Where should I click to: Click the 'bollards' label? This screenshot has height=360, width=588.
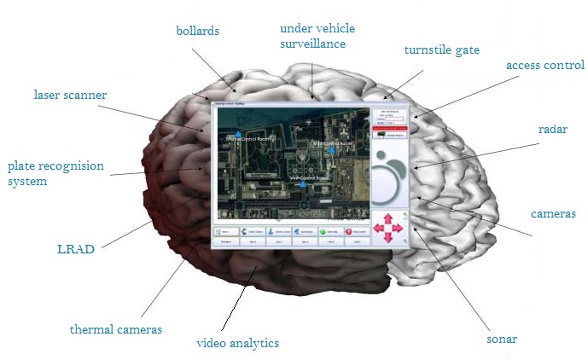(x=197, y=31)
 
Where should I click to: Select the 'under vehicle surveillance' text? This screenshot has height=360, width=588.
(x=317, y=35)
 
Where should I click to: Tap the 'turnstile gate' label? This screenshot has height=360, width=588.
(x=441, y=50)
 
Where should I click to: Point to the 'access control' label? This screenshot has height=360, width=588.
(x=544, y=65)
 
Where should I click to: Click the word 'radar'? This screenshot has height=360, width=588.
(x=553, y=130)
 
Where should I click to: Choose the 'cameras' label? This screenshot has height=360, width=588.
(x=553, y=213)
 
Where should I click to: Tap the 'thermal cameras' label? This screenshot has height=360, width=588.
(x=115, y=328)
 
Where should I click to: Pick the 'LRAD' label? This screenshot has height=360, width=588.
(x=74, y=250)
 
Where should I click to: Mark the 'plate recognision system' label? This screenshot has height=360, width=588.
(x=55, y=173)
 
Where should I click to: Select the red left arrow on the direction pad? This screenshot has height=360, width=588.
(x=377, y=229)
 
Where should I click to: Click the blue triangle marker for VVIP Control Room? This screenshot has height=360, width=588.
(x=302, y=183)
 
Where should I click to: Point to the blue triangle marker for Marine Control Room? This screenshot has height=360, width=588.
(x=238, y=134)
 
